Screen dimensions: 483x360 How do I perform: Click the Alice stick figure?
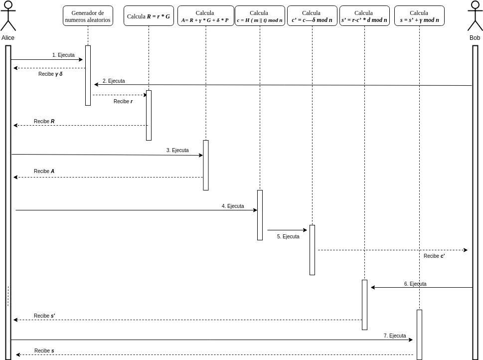[x=8, y=15]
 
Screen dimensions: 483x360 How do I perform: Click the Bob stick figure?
[x=475, y=15]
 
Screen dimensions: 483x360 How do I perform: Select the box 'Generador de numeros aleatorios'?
[x=88, y=16]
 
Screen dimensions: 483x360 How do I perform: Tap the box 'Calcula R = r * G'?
[x=149, y=16]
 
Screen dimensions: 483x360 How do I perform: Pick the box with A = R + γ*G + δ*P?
[x=205, y=16]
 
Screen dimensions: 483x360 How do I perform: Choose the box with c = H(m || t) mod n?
[x=260, y=16]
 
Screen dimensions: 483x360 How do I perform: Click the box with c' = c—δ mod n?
[x=312, y=16]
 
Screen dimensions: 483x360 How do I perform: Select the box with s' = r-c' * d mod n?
[x=364, y=16]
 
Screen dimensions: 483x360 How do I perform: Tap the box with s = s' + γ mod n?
[x=419, y=16]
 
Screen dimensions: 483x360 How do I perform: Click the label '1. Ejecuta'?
[x=63, y=55]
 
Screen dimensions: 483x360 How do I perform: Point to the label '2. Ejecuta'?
[x=114, y=81]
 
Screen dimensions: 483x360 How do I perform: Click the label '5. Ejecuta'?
[x=288, y=236]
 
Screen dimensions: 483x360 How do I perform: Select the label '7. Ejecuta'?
[x=395, y=336]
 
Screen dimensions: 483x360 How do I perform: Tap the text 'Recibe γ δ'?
[x=50, y=74]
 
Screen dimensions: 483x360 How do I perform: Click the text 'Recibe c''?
[x=434, y=256]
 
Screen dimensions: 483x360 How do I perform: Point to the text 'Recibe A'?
[x=44, y=171]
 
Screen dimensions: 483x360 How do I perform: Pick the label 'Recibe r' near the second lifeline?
[x=123, y=101]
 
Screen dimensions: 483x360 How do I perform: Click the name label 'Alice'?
[x=7, y=37]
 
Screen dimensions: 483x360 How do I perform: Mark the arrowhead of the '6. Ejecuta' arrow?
[x=373, y=287]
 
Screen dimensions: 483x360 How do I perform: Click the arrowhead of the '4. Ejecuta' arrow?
[x=255, y=210]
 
